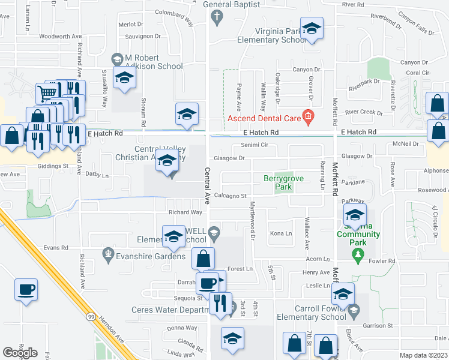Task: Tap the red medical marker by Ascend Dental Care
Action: coord(308,116)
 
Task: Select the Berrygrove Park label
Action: coord(277,182)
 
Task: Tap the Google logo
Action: coord(20,352)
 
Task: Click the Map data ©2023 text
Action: coord(424,356)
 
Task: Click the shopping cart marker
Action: coord(47,92)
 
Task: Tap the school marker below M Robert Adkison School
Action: coord(124,79)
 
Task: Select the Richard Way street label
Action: coord(185,212)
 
